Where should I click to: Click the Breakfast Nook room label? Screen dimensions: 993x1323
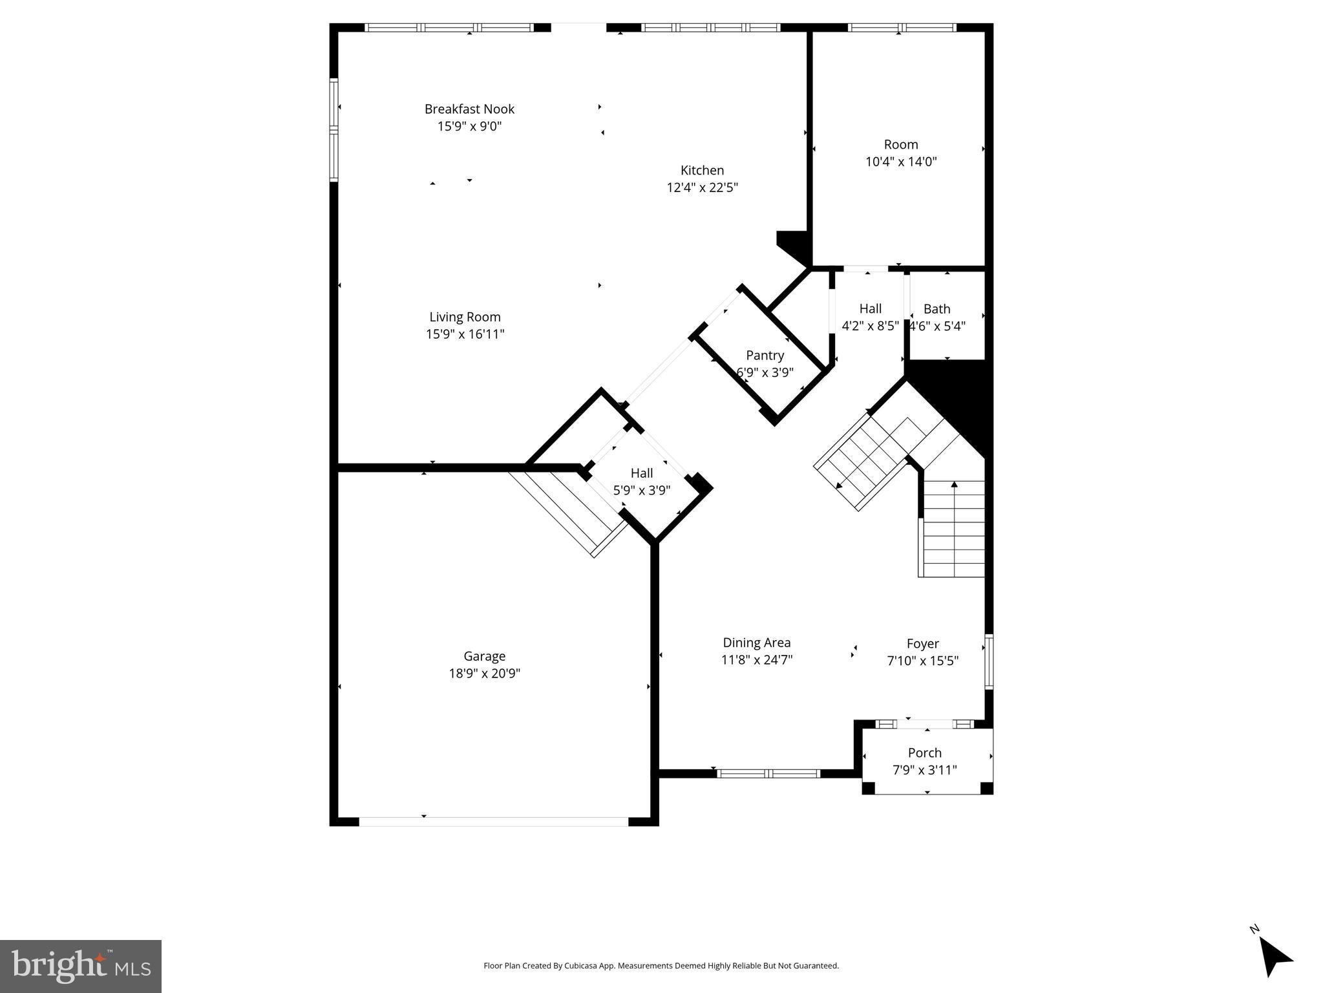[469, 109]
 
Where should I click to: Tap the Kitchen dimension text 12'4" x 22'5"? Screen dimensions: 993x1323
[702, 188]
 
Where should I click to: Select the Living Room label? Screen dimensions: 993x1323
[465, 317]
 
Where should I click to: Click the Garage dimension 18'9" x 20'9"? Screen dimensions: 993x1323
[484, 674]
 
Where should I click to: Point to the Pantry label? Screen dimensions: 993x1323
[765, 355]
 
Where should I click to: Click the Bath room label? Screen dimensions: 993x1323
[937, 309]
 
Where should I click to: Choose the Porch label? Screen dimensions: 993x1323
[924, 753]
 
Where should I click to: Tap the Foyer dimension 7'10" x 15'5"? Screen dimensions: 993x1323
[922, 661]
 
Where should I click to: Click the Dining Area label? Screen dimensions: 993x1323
[756, 643]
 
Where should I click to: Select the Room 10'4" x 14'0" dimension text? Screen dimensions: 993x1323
[901, 162]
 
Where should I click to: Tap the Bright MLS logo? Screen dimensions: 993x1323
[81, 966]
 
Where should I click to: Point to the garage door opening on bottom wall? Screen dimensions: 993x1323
[493, 821]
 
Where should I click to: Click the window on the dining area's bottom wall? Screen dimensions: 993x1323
[768, 773]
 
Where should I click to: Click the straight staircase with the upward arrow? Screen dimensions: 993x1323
[953, 528]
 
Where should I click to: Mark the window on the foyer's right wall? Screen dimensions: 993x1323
[988, 662]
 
